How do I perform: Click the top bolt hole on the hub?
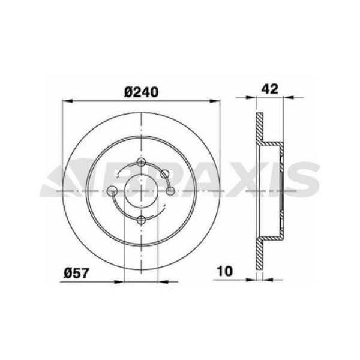pos(142,163)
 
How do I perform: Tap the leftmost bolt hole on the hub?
pos(113,191)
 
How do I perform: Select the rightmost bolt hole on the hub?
pos(170,191)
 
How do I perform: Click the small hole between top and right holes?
pos(167,175)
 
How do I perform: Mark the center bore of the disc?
pos(142,191)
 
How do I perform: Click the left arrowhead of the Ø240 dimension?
pos(67,100)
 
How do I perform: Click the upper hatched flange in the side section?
pos(259,129)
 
